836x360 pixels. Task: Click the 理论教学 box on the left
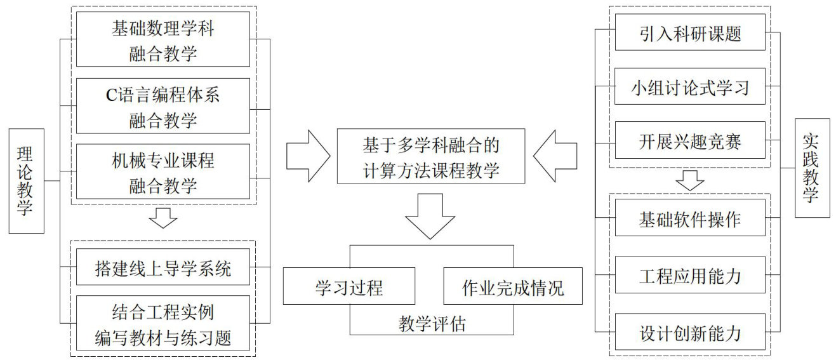(27, 181)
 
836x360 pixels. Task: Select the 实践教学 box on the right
(812, 168)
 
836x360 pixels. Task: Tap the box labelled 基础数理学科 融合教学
(163, 39)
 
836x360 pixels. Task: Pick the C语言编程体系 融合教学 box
(163, 105)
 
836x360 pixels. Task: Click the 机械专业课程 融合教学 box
(163, 171)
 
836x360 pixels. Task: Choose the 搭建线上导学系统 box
(163, 267)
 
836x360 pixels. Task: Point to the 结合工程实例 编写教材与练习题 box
(163, 323)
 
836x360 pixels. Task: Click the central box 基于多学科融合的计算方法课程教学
(431, 156)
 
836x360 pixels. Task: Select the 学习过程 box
(349, 286)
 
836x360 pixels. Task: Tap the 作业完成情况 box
(513, 286)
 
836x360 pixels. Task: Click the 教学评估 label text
(432, 323)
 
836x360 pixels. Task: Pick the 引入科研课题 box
(690, 32)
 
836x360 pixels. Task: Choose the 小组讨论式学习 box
(690, 86)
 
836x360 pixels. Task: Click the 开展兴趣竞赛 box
(690, 140)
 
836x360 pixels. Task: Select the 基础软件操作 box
(690, 217)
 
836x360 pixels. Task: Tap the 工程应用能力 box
(690, 275)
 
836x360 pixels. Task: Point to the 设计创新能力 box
(690, 332)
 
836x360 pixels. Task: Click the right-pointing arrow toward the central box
(309, 156)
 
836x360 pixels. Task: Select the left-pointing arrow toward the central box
(555, 156)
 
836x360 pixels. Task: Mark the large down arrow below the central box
(430, 217)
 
